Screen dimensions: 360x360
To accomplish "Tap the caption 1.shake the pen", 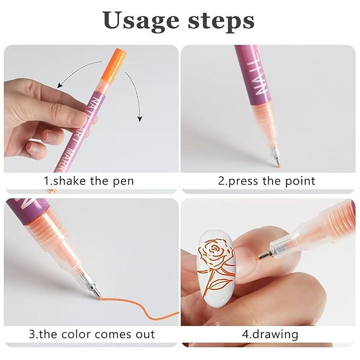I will click(x=89, y=181).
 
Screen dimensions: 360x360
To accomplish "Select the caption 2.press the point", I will click(x=267, y=181).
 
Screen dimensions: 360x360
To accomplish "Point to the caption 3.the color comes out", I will click(x=92, y=334).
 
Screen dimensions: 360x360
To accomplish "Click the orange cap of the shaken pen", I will click(x=116, y=61).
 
